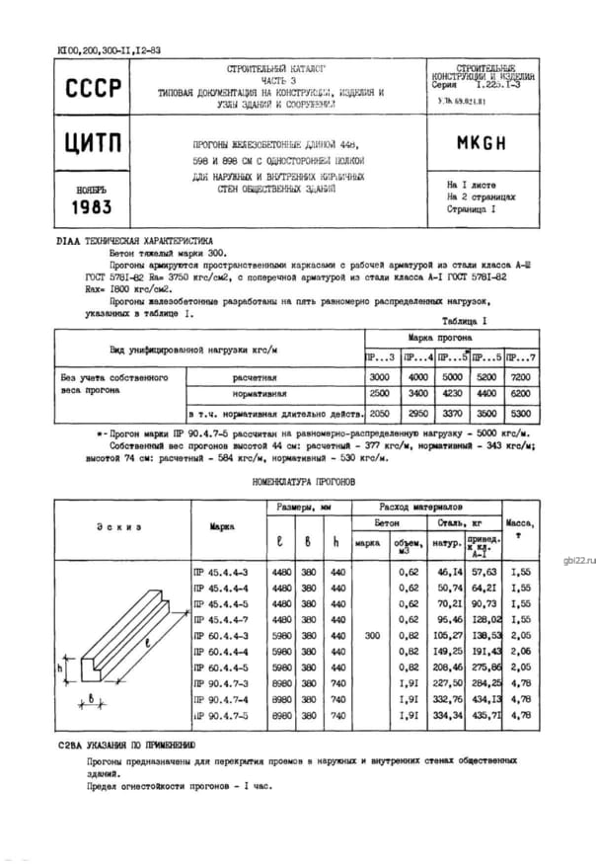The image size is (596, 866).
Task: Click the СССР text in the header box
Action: pos(94,89)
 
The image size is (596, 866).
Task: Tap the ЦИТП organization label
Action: pos(94,143)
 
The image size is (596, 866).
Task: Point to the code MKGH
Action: pos(482,142)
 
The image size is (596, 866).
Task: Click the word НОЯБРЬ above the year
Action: pos(93,187)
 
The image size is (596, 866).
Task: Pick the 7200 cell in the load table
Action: pos(523,378)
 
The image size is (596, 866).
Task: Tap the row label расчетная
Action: pos(254,378)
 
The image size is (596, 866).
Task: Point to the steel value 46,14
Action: pos(450,572)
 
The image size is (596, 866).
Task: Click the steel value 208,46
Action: pos(449,669)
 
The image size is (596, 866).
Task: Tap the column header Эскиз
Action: pos(121,526)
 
